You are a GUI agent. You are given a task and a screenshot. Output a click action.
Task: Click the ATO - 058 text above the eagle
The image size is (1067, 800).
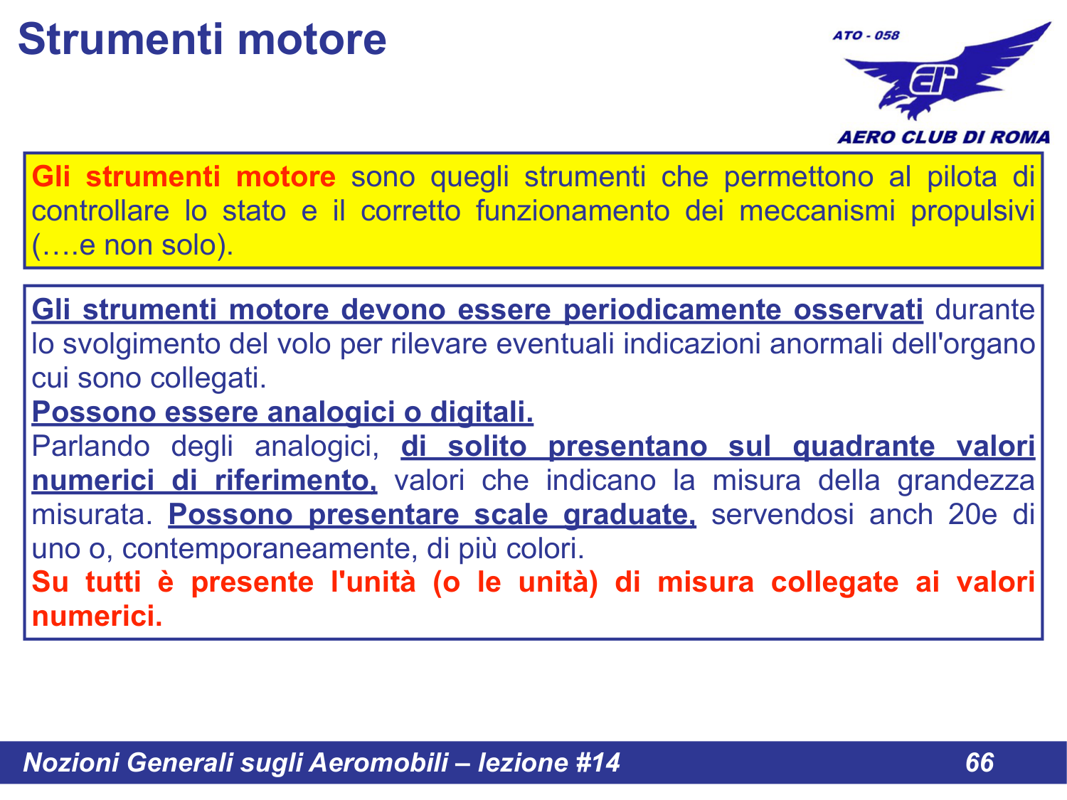point(866,35)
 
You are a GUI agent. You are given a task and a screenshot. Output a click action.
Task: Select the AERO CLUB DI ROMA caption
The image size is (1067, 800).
point(943,137)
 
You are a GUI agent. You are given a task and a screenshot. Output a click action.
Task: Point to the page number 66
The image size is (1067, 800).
point(980,762)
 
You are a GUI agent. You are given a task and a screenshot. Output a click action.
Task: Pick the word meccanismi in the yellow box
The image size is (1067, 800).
point(817,211)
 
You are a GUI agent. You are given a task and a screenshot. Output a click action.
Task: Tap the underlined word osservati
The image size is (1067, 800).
point(858,310)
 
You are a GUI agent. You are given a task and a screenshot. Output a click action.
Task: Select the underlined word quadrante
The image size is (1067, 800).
point(864,447)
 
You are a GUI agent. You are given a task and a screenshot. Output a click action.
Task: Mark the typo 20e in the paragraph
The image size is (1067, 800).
point(972,515)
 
